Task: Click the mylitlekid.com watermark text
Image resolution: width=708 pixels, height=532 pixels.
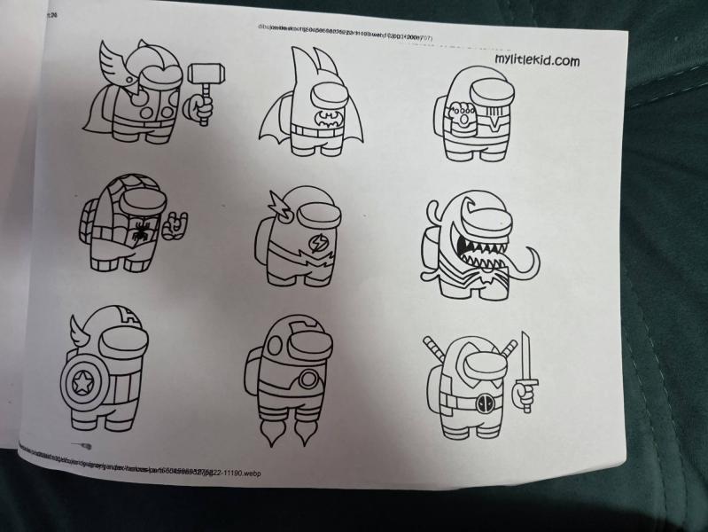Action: click(537, 60)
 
